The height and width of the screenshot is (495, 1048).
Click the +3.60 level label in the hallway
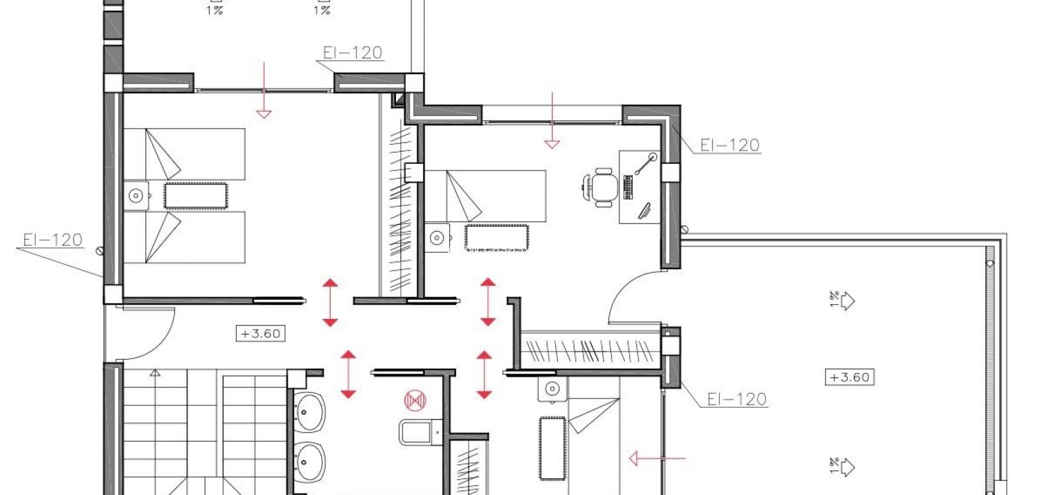coord(260,334)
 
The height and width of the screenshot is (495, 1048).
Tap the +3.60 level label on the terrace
coord(849,377)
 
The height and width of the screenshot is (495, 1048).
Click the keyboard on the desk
coord(628,187)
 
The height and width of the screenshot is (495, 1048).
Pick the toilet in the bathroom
coord(418,432)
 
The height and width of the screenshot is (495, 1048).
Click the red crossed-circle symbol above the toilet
coord(414,400)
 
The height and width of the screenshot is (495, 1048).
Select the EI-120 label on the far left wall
coord(53,240)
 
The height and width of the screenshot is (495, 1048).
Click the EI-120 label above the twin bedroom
coord(353,53)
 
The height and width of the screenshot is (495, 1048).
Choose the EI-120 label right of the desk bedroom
coord(729,145)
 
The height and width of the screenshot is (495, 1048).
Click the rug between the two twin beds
coord(196,195)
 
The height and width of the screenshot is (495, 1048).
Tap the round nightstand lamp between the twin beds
coord(136,195)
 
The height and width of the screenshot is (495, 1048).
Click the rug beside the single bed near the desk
coord(496,238)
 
